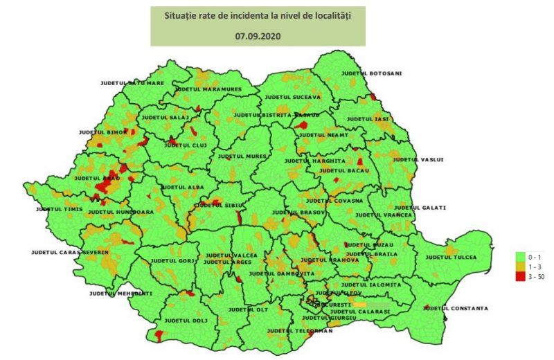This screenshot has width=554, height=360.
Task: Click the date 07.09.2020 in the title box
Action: coord(258,33)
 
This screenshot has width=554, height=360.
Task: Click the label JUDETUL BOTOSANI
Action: coord(372,73)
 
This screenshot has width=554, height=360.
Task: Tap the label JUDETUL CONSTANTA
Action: coord(456,308)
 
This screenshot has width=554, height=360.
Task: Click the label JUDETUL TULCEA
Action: coord(452,258)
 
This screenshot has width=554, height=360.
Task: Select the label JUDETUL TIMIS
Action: coord(60,208)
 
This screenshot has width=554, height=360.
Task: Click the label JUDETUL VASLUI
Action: coord(418,160)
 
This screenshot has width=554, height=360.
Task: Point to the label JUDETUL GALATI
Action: coord(420,207)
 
